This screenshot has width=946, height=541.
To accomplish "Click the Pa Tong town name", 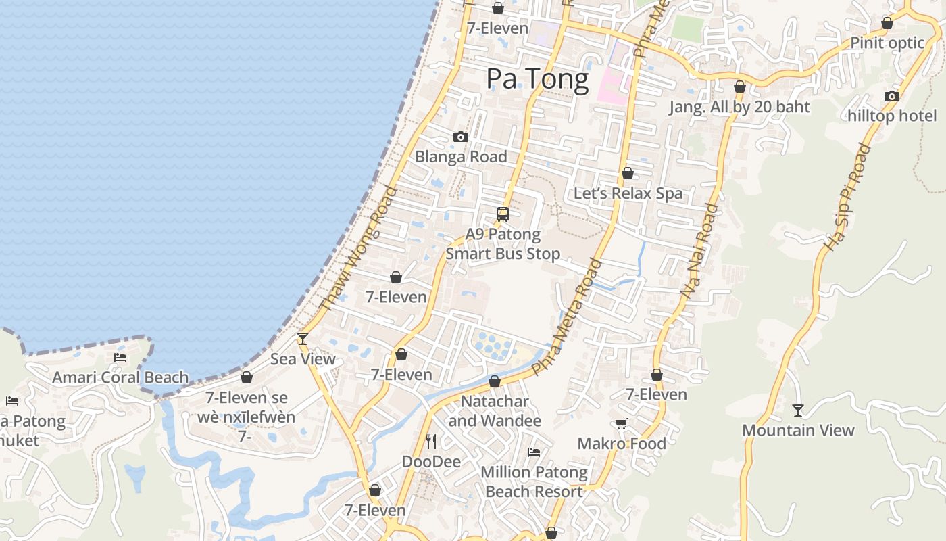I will (537, 79).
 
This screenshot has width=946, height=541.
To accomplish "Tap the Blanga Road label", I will (461, 157).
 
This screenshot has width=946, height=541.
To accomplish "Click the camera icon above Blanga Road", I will (461, 137).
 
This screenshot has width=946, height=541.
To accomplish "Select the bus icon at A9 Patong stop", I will (502, 214).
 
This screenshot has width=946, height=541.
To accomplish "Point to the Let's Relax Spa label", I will (628, 193).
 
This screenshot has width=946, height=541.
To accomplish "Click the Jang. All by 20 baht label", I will (739, 107).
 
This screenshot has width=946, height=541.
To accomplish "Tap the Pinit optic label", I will (887, 43).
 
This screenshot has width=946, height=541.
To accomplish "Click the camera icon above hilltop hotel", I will (892, 96).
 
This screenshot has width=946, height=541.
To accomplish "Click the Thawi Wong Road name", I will (357, 250).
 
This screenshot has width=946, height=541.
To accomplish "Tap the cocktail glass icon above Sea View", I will (303, 338).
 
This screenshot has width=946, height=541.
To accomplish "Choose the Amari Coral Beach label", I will (120, 377).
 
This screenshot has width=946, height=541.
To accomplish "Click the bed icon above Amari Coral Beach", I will (120, 357).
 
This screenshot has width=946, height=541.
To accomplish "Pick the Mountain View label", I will (798, 430).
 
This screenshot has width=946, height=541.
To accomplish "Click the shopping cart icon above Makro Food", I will (621, 423).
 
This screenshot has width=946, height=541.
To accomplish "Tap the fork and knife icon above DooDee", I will (431, 442).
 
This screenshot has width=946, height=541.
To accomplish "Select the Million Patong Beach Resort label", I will (534, 481).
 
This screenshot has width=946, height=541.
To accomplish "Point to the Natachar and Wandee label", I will (495, 411).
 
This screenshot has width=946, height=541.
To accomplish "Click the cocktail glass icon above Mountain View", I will (798, 410).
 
